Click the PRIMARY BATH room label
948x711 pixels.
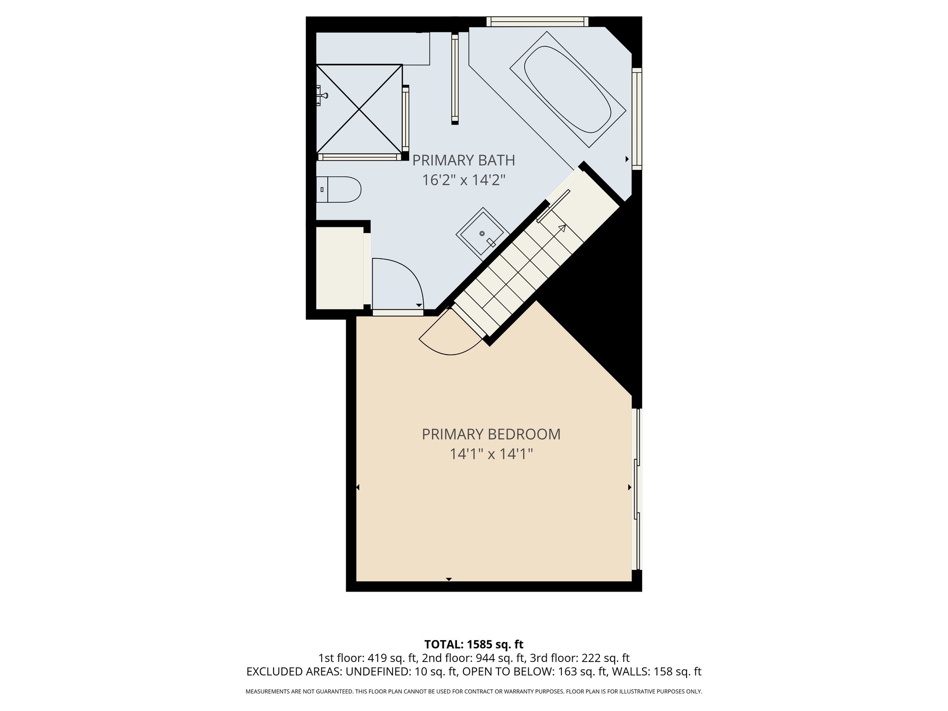(463, 161)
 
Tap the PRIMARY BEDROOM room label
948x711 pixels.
(491, 435)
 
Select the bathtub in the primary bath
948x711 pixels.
(568, 89)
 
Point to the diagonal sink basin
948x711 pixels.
(482, 231)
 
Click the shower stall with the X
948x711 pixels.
(359, 109)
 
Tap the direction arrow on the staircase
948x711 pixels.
(562, 228)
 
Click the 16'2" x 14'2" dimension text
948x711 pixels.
(463, 180)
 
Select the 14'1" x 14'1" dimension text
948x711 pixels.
(491, 454)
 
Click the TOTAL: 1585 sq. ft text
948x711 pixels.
(474, 644)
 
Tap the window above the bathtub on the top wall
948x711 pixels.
(537, 21)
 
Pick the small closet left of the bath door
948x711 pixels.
(339, 268)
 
